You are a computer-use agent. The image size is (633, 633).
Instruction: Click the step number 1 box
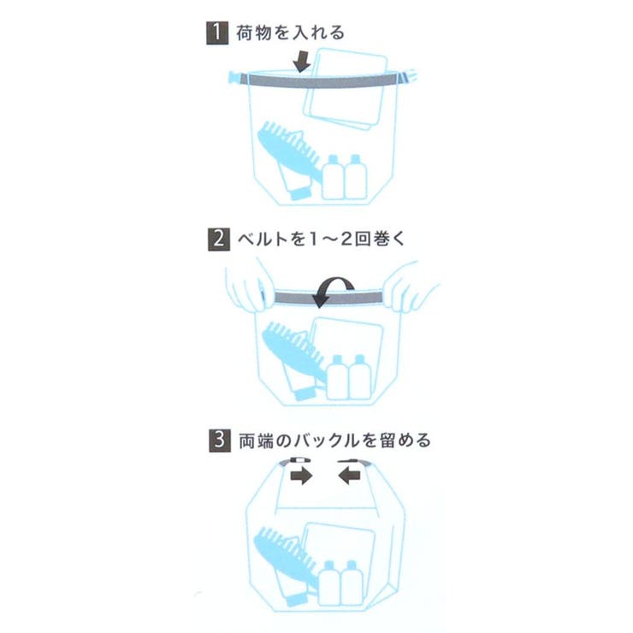coord(217,33)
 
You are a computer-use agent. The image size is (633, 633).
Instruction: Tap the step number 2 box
coord(217,239)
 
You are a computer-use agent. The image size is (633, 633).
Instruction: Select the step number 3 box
coord(217,441)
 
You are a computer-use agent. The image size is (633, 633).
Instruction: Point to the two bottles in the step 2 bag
coord(348,376)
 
